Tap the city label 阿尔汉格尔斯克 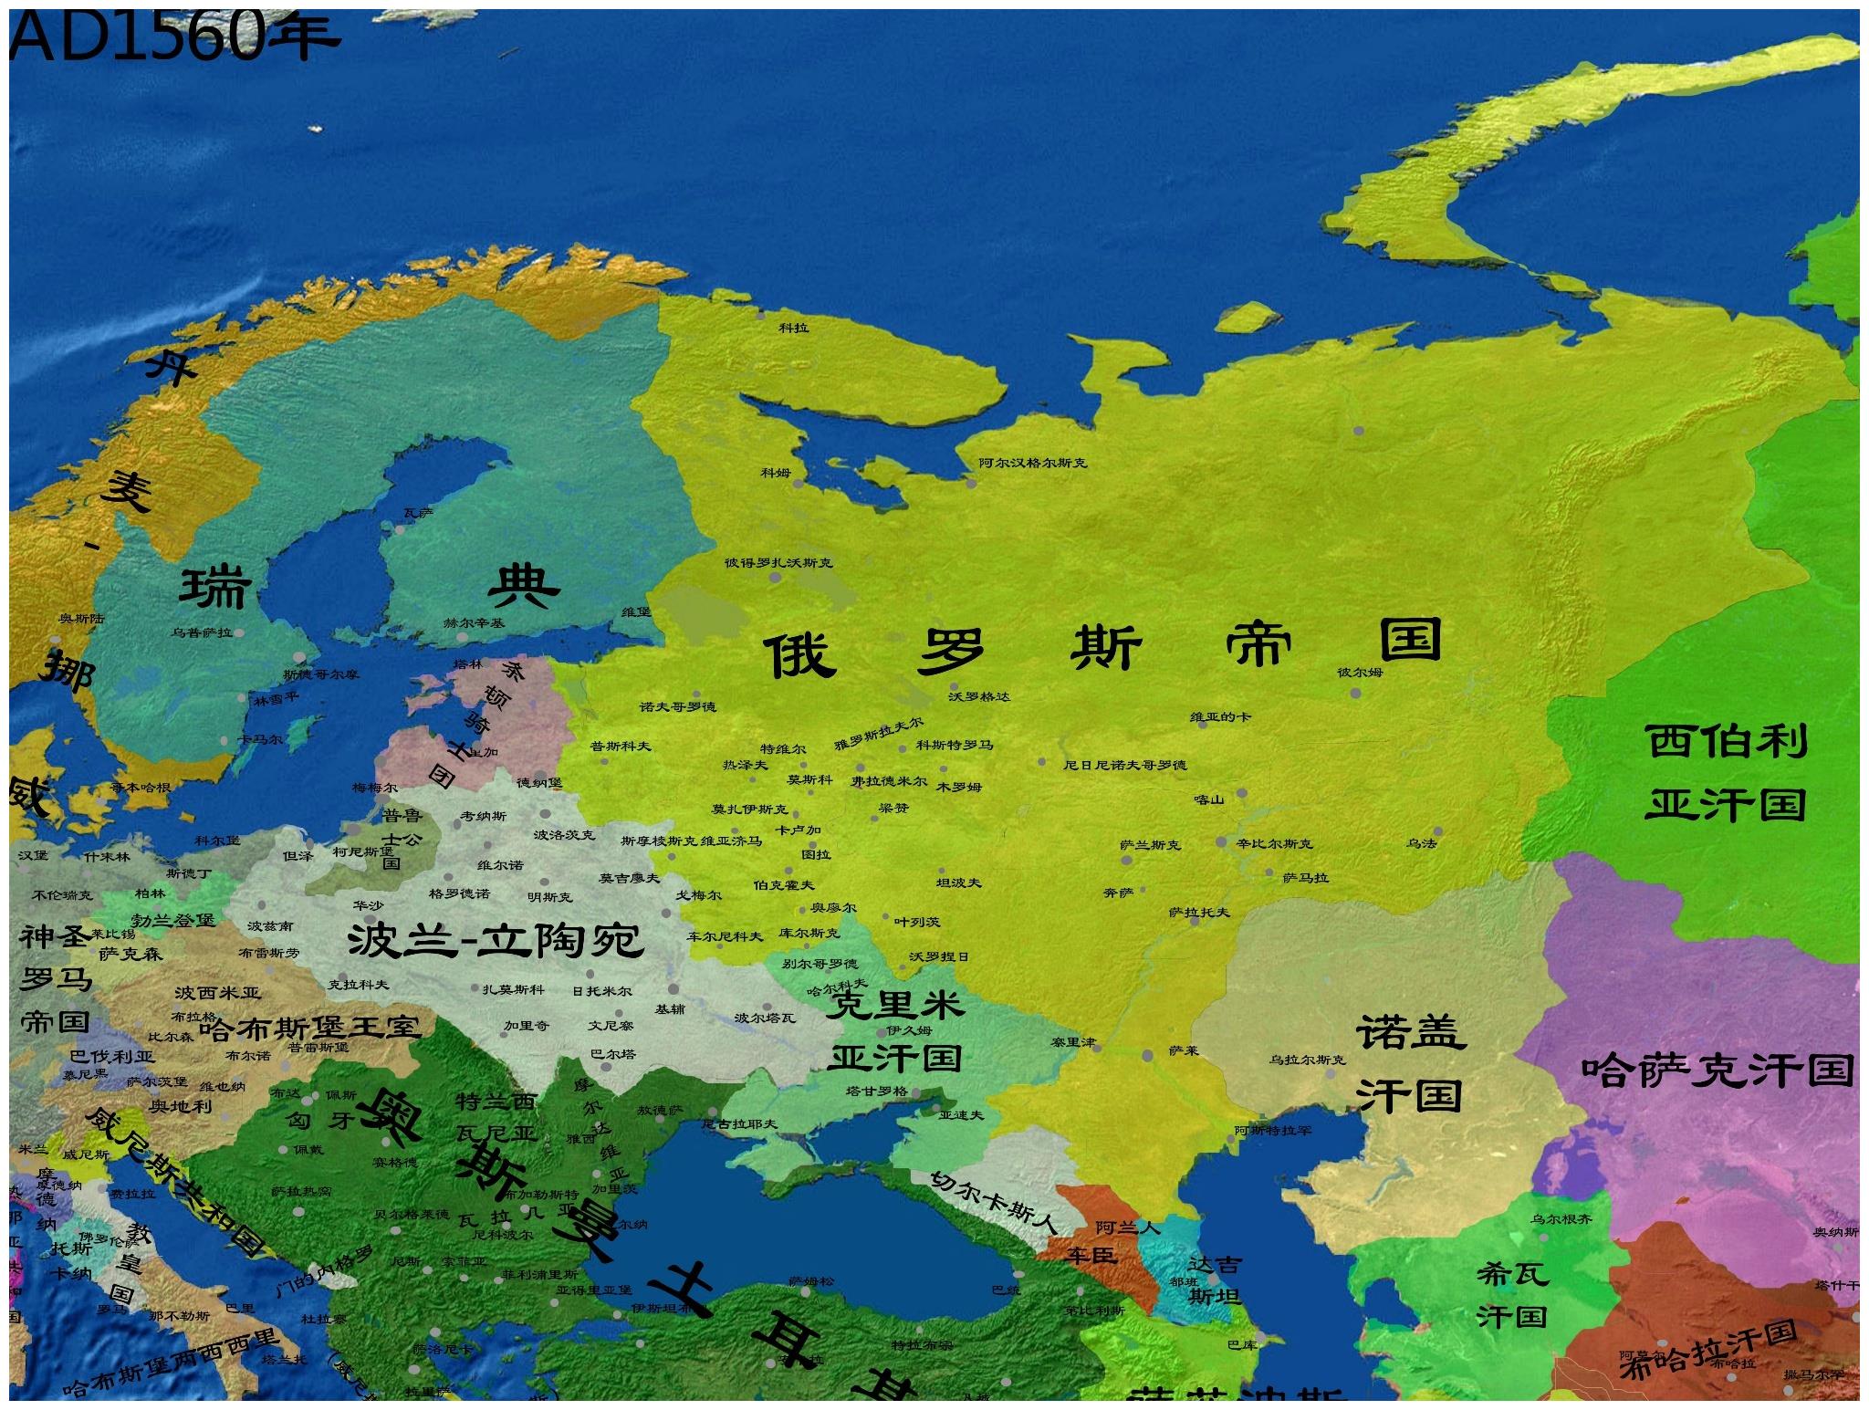pyautogui.click(x=1033, y=463)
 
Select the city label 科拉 pyautogui.click(x=793, y=327)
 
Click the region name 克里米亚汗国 pyautogui.click(x=894, y=1031)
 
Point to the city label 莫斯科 pyautogui.click(x=810, y=780)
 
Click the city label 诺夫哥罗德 pyautogui.click(x=677, y=706)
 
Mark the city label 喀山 pyautogui.click(x=1207, y=799)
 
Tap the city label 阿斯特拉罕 pyautogui.click(x=1273, y=1131)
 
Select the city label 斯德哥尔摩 pyautogui.click(x=321, y=674)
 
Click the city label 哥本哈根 pyautogui.click(x=141, y=787)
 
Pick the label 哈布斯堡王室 pyautogui.click(x=309, y=1029)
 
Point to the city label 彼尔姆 pyautogui.click(x=1360, y=673)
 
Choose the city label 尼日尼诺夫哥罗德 pyautogui.click(x=1124, y=765)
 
